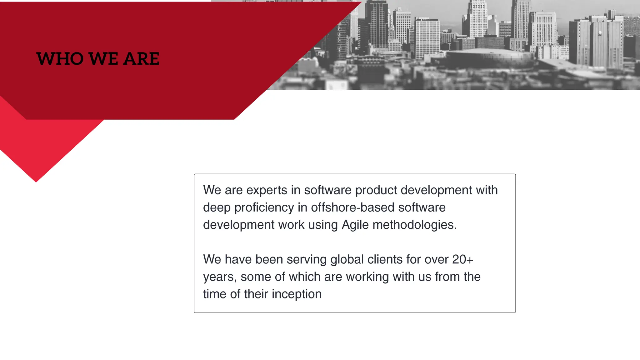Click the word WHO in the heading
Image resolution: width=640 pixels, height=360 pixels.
coord(60,59)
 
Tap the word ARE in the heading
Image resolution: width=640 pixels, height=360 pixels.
coord(141,59)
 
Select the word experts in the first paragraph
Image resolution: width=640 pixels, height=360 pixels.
coord(267,190)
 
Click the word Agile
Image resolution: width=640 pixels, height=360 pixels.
coord(355,225)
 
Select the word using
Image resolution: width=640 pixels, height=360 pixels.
coord(323,225)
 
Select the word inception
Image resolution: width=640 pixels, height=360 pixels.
coord(297,294)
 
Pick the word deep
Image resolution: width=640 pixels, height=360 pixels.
coord(217,208)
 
